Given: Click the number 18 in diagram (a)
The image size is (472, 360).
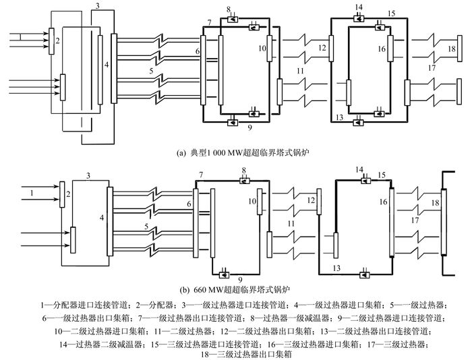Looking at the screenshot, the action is [452, 49].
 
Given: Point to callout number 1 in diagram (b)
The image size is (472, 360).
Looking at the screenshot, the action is [32, 193].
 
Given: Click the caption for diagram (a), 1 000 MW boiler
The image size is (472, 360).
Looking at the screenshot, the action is [243, 152].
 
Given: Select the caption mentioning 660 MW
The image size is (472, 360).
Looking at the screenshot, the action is [235, 290].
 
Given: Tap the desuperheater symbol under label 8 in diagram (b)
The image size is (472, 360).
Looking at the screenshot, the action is [244, 181].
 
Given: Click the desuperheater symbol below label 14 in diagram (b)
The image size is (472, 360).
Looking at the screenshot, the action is [365, 181].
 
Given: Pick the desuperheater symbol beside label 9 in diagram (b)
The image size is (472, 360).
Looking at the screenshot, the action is [224, 274].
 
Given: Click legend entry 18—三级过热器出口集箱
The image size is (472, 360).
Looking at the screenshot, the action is [246, 355].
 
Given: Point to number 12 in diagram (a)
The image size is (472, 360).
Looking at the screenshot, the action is [322, 48].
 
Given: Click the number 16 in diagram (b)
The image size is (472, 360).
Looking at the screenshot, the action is [383, 202].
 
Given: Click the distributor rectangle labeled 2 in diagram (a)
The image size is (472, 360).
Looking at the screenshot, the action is [51, 41].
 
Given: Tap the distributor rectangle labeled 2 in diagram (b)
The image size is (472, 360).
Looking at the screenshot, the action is [62, 194].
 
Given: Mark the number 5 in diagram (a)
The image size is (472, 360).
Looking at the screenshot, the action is [151, 71].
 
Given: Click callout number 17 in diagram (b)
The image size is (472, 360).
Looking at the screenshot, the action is [415, 220].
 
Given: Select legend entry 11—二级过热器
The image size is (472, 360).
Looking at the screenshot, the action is [183, 332].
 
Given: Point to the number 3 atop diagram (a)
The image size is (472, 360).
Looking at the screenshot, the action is [98, 5].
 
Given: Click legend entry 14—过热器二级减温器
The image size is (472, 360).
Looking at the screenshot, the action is [100, 344].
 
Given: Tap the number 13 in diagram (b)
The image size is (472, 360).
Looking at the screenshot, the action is [336, 268].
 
